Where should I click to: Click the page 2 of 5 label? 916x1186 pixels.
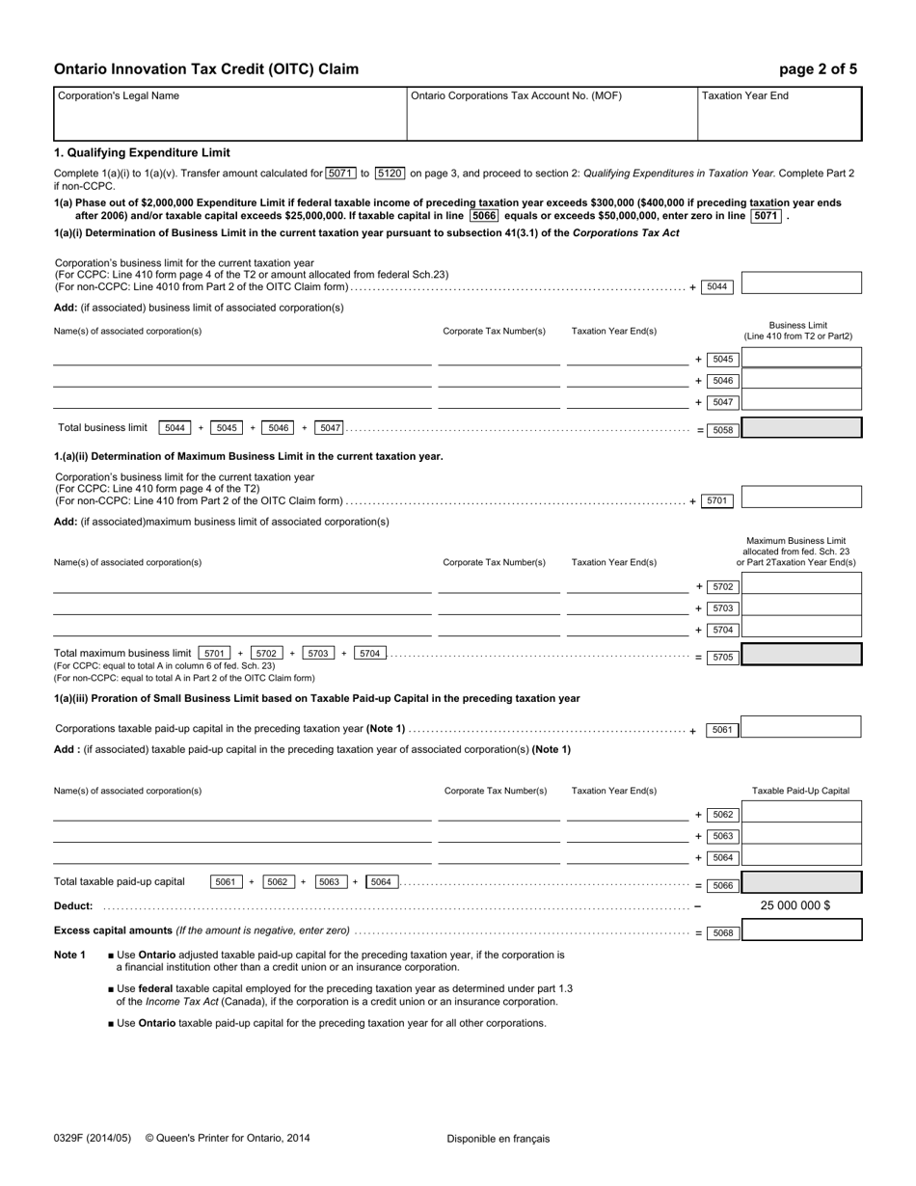[x=818, y=69]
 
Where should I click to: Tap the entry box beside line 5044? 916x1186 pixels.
[x=801, y=283]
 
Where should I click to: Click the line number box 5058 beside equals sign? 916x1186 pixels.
[x=722, y=430]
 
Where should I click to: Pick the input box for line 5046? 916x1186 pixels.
[x=801, y=381]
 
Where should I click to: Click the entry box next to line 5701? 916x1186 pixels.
[x=801, y=498]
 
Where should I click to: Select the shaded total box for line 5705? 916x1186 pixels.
[x=801, y=656]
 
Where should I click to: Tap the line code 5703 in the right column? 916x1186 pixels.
[x=722, y=608]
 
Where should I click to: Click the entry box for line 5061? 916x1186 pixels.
[x=801, y=727]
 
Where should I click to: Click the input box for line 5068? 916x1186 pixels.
[x=801, y=931]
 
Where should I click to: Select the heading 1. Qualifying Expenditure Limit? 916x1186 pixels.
[x=142, y=152]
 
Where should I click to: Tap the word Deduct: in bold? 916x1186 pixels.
[x=73, y=906]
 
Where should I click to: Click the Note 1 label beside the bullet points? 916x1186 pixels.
[x=69, y=955]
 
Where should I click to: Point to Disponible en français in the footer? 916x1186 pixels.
[x=498, y=1139]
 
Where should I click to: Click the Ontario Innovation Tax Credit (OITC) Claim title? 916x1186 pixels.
[x=206, y=69]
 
